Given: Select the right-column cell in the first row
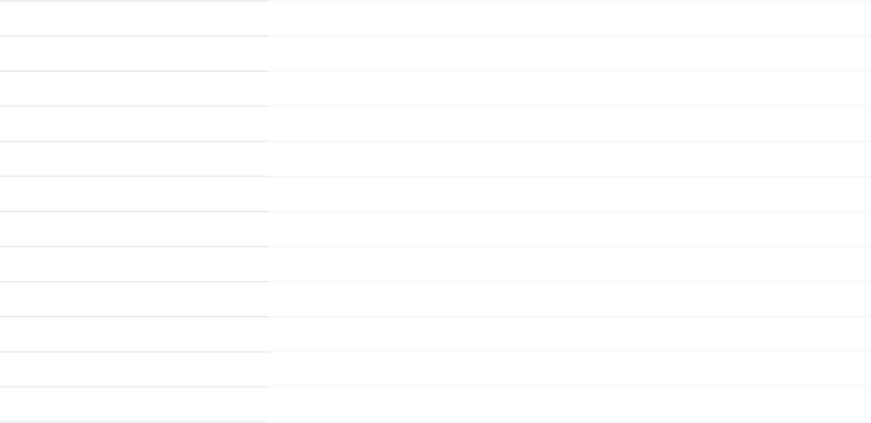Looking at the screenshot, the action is tap(569, 18).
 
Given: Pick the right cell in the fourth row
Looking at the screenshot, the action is tap(569, 123).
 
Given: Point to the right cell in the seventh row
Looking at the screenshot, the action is tap(569, 229).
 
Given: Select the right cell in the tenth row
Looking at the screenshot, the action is tap(569, 334).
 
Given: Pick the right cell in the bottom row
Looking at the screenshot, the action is tap(569, 404).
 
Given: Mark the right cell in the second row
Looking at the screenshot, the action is tap(569, 53).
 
